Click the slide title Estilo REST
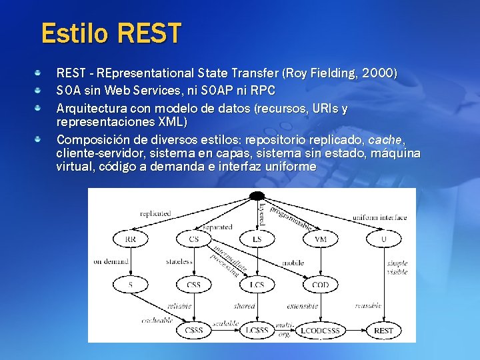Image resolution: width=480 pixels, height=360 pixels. click(x=111, y=33)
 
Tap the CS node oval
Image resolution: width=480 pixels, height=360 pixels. click(x=193, y=239)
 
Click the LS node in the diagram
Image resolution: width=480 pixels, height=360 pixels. click(x=257, y=239)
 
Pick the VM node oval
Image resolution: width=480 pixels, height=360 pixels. click(x=320, y=239)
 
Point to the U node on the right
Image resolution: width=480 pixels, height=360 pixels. click(x=383, y=239)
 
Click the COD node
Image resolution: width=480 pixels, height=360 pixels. click(x=320, y=285)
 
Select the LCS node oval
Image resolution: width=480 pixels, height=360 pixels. click(x=257, y=285)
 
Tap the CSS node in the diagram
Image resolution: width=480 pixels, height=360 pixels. click(x=193, y=285)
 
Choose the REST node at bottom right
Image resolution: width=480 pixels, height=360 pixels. click(x=383, y=331)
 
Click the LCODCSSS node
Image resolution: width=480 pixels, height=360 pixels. click(x=320, y=331)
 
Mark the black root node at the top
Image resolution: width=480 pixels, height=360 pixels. click(x=257, y=195)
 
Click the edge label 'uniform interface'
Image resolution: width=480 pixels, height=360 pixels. click(x=379, y=217)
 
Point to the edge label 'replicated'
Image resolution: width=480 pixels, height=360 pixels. click(x=155, y=214)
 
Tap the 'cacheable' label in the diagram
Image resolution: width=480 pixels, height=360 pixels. click(x=157, y=320)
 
